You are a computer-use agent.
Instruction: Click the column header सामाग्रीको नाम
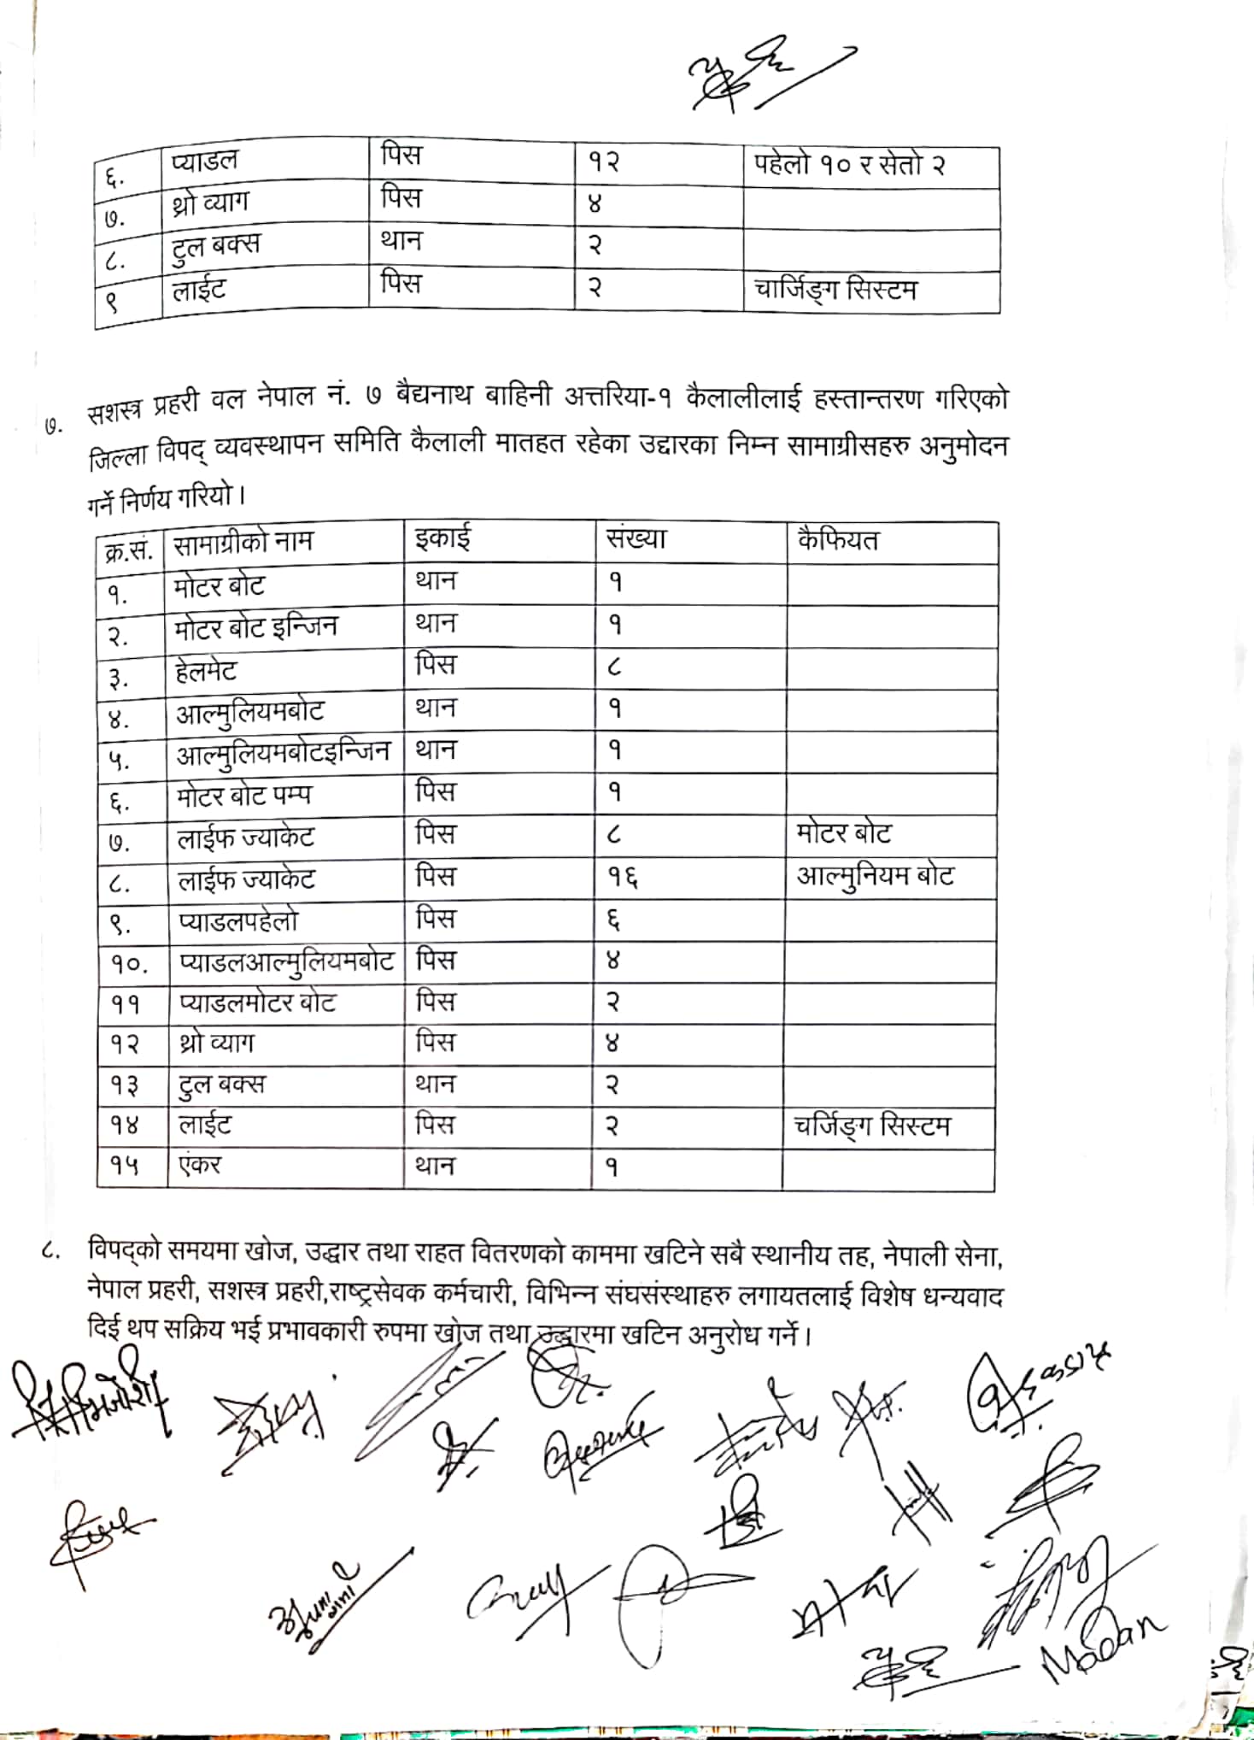243,543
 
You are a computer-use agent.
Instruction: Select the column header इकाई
442,539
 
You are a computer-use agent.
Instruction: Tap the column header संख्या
636,539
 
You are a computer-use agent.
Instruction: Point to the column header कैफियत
837,541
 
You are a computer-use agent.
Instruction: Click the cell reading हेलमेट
206,671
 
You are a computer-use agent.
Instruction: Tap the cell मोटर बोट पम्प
244,796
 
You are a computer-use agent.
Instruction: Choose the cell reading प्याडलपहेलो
238,921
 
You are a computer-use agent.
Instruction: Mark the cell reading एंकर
200,1166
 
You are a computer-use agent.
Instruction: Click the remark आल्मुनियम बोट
875,877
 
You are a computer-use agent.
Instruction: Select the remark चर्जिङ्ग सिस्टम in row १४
871,1126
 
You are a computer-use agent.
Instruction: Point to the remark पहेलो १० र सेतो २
849,164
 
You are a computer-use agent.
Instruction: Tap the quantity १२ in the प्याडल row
603,162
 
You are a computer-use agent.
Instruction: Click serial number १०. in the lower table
129,964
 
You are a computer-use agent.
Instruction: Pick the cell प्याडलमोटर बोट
257,1002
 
